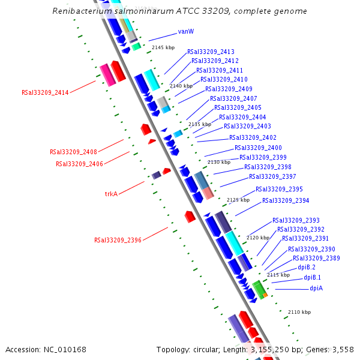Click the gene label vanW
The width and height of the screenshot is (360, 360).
point(185,31)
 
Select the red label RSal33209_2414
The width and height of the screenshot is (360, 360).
point(45,92)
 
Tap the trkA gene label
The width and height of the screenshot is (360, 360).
point(111,194)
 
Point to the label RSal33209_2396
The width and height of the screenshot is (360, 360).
point(118,240)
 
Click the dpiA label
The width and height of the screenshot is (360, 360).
point(316,288)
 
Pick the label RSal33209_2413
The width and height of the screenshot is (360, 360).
point(211,52)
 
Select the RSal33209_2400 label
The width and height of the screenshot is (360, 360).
point(258,148)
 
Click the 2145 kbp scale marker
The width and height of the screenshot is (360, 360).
point(162,47)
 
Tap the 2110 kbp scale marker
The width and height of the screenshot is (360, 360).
point(299,312)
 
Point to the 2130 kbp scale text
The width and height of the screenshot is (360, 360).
point(218,162)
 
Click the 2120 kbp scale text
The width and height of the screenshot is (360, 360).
point(257,238)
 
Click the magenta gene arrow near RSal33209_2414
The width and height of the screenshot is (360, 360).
point(107,74)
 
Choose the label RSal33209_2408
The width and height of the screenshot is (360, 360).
point(73,152)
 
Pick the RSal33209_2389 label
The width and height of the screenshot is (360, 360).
point(316,258)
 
